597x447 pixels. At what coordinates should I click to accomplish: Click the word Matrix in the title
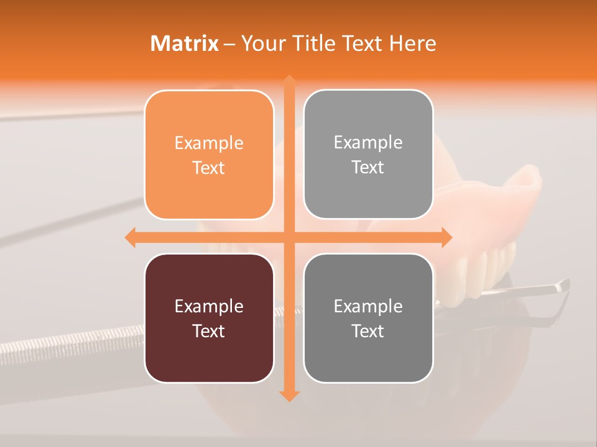coord(185,43)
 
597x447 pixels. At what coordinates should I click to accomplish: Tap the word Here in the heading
coord(413,43)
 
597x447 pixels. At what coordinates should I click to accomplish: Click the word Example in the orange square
coord(209,143)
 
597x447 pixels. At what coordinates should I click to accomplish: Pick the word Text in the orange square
coord(209,168)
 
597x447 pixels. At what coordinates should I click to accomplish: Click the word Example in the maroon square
coord(209,306)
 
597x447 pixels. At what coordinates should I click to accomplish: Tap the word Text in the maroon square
coord(209,331)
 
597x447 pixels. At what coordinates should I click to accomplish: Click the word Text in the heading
coord(361,43)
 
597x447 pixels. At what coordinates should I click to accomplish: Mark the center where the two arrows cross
coord(289,237)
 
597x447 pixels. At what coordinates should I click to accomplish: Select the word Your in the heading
coord(264,43)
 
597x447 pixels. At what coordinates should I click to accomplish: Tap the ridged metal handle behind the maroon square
coord(75,345)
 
